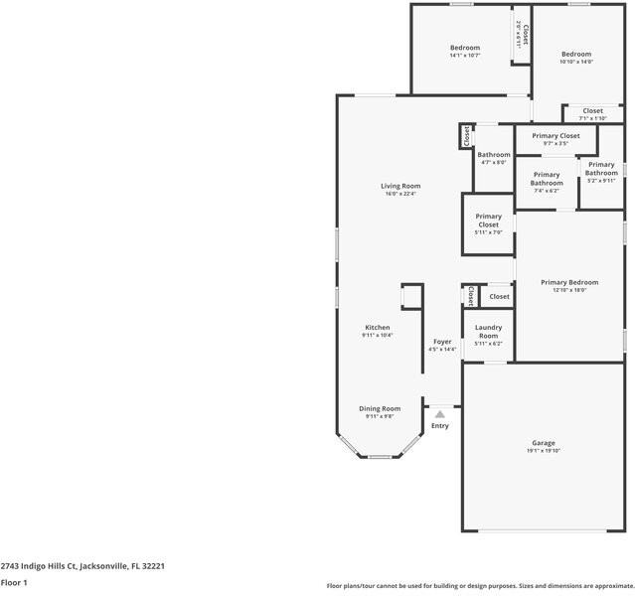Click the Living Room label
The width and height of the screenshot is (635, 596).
click(400, 186)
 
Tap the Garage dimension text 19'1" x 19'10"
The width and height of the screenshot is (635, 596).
click(543, 451)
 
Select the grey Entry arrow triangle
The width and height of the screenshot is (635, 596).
click(439, 414)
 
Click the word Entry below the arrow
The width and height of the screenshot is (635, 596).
click(439, 426)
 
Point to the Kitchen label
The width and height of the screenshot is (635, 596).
click(377, 327)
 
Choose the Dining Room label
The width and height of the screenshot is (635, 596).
click(380, 408)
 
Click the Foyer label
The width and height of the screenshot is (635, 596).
click(442, 341)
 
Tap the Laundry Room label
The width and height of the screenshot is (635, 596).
click(488, 331)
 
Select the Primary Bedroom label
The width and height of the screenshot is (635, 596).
click(569, 282)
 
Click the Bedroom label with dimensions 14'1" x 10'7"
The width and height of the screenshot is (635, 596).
click(464, 48)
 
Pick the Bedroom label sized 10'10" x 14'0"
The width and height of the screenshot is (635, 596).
click(575, 55)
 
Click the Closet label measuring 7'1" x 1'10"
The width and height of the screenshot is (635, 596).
click(592, 111)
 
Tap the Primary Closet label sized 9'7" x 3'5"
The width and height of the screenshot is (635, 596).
click(556, 136)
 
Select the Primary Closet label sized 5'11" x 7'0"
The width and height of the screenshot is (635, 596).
click(488, 221)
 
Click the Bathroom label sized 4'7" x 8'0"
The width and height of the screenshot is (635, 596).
click(493, 155)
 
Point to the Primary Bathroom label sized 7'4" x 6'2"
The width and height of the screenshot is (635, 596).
click(546, 179)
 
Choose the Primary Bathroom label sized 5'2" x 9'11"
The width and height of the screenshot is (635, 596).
click(601, 169)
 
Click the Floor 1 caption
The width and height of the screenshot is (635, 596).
click(14, 583)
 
